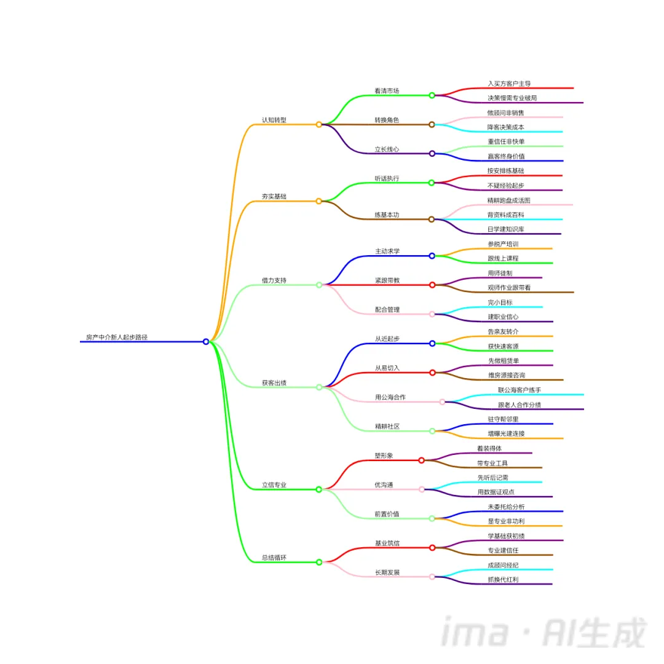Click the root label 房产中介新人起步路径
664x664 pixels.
coord(117,337)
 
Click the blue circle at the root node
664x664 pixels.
coord(206,342)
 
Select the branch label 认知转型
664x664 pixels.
coord(274,120)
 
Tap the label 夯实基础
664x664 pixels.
coord(274,197)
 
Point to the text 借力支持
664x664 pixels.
coord(274,280)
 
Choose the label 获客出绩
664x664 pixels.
coord(274,382)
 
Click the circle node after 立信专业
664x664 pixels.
coord(319,489)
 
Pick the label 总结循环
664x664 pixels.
coord(274,558)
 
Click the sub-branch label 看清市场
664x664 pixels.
coord(387,91)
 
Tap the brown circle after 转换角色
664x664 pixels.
coord(432,124)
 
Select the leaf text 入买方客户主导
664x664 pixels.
coord(509,84)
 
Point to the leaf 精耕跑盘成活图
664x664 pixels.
coord(508,200)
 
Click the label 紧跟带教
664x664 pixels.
coord(387,280)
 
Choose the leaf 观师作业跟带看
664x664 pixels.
coord(509,287)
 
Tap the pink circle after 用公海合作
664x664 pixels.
coord(442,402)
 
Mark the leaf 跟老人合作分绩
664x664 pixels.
coord(520,405)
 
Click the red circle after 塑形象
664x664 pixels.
coord(422,460)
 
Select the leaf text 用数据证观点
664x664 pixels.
coord(496,492)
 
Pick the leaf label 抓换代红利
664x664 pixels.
coord(503,579)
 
